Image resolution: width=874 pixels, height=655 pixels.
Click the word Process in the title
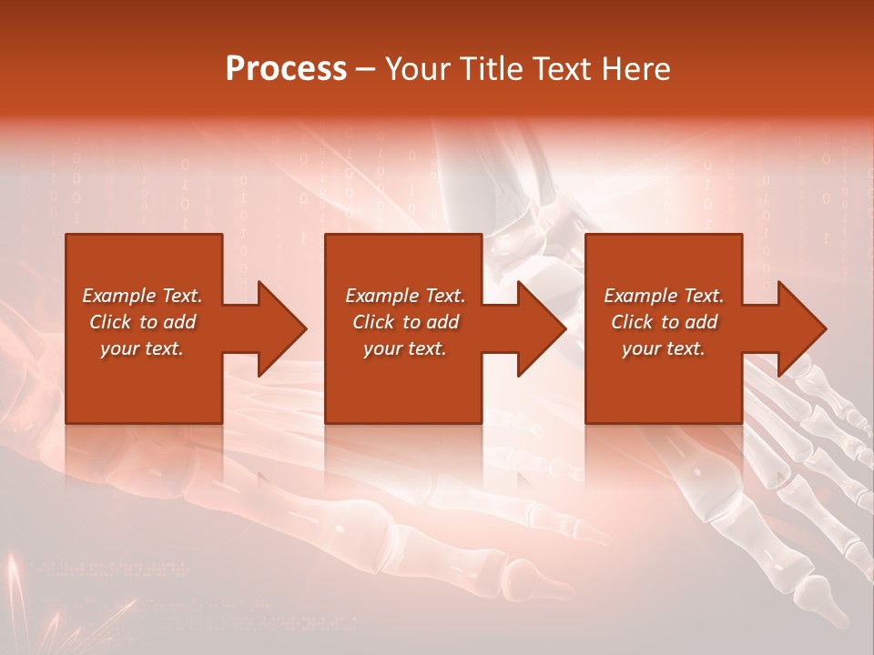[x=286, y=68]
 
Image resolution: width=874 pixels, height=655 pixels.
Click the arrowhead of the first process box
[x=278, y=328]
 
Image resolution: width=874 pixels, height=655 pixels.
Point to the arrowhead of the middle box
[x=537, y=328]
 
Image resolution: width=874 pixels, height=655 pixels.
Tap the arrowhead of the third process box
[x=798, y=328]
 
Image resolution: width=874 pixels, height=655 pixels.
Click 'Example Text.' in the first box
[x=142, y=296]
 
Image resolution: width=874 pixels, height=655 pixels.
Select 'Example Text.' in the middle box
[x=405, y=296]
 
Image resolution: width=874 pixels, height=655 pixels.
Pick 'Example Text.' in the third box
[x=664, y=296]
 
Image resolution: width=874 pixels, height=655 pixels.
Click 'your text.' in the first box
[x=142, y=348]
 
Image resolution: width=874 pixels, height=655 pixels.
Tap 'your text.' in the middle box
[x=405, y=348]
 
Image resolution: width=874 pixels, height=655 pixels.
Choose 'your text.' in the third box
[x=664, y=348]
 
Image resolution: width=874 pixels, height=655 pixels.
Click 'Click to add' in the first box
[x=142, y=322]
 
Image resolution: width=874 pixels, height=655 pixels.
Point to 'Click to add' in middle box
[x=405, y=322]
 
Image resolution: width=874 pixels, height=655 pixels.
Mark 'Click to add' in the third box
[x=664, y=322]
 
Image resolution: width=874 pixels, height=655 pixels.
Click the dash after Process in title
[x=366, y=69]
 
